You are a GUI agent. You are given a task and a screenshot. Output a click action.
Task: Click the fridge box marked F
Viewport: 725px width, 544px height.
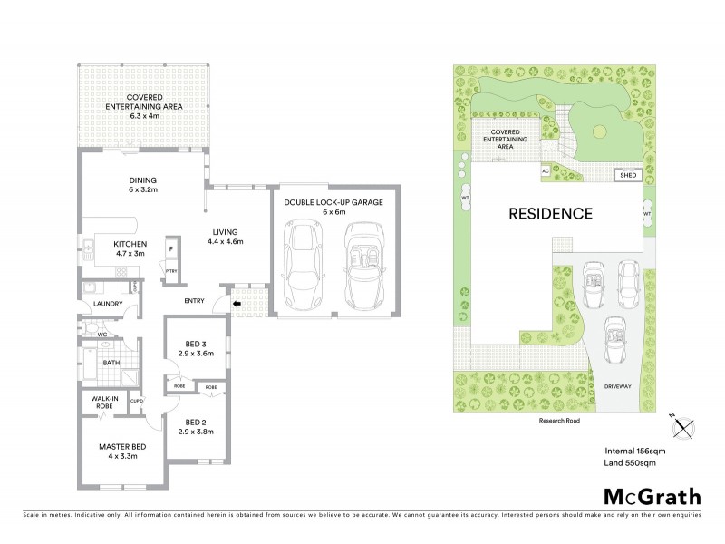[171, 248]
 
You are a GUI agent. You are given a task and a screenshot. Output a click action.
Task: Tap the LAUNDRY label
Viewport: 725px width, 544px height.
[108, 304]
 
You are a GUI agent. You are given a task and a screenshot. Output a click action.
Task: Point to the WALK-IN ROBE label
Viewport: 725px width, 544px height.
[101, 402]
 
